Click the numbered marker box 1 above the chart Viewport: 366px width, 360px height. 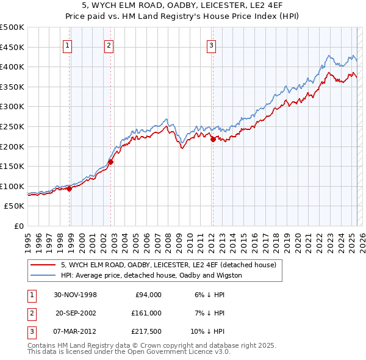coord(67,45)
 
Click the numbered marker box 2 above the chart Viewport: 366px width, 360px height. coord(109,45)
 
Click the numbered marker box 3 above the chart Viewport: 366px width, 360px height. coord(211,45)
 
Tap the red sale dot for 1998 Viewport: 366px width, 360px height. coord(70,189)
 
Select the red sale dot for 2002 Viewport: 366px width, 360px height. coord(111,162)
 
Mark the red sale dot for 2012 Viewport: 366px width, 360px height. coord(213,139)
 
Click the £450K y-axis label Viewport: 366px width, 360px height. coord(12,47)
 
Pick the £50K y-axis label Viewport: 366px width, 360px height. coord(15,206)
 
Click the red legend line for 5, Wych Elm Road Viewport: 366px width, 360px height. coord(43,265)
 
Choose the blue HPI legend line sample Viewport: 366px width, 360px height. coord(43,275)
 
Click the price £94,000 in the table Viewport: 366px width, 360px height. coord(148,295)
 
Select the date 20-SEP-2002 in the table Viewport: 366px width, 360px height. coord(76,313)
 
